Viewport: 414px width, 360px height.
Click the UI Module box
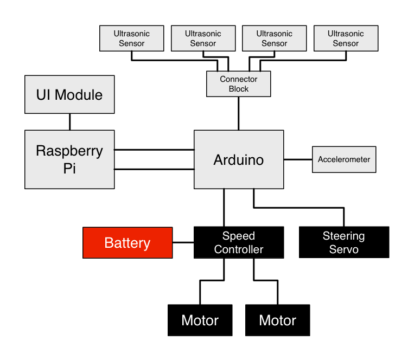pyautogui.click(x=69, y=94)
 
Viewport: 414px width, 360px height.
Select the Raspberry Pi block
pyautogui.click(x=69, y=159)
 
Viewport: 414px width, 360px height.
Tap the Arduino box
pyautogui.click(x=239, y=159)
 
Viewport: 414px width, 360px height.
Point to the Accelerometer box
pyautogui.click(x=344, y=159)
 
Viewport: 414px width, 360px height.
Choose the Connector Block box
pyautogui.click(x=239, y=84)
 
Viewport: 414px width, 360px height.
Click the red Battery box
pyautogui.click(x=127, y=242)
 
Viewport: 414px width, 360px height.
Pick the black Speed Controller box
pyautogui.click(x=239, y=242)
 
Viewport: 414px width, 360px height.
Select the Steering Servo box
pyautogui.click(x=344, y=242)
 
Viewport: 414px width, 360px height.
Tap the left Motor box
pyautogui.click(x=200, y=320)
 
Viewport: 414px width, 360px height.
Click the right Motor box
pyautogui.click(x=278, y=320)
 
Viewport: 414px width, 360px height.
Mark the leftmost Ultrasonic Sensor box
pyautogui.click(x=132, y=38)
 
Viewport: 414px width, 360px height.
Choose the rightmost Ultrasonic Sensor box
pyautogui.click(x=346, y=38)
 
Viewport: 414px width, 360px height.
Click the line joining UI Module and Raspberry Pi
pyautogui.click(x=69, y=121)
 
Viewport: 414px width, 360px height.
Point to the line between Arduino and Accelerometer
pyautogui.click(x=298, y=159)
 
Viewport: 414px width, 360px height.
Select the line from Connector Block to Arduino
pyautogui.click(x=239, y=113)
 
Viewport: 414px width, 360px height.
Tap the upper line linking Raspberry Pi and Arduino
pyautogui.click(x=154, y=149)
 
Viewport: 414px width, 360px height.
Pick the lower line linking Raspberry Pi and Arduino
pyautogui.click(x=154, y=169)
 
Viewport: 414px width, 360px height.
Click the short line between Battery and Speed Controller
pyautogui.click(x=183, y=242)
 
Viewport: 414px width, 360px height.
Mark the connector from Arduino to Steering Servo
pyautogui.click(x=298, y=207)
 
